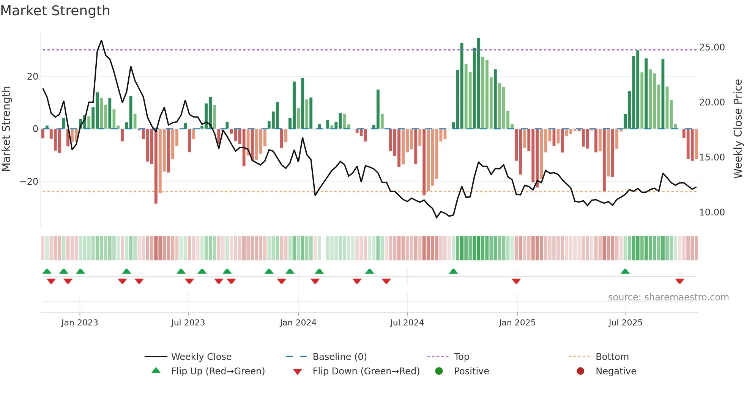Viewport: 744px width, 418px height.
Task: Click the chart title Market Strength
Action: [x=55, y=11]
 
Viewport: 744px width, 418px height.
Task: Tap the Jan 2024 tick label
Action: [x=298, y=323]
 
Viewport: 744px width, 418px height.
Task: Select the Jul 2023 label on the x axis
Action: [x=188, y=323]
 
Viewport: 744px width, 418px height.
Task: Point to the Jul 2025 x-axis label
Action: [x=625, y=323]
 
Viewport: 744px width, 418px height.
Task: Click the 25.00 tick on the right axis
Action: [x=712, y=47]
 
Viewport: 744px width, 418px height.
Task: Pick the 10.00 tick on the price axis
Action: [x=712, y=212]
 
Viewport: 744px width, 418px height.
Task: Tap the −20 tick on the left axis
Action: [x=29, y=182]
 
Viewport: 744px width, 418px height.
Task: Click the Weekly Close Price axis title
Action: [x=738, y=129]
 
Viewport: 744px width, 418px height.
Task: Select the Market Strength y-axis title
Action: [x=6, y=129]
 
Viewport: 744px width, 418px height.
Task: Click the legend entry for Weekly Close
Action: [x=201, y=357]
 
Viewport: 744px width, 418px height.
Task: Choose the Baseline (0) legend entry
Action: [x=339, y=357]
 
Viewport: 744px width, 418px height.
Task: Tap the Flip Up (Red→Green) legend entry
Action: [x=218, y=371]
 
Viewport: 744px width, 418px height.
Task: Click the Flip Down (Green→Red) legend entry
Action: [x=366, y=371]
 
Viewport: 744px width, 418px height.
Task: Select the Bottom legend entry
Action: [x=612, y=357]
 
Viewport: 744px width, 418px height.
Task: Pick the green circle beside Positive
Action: [x=439, y=371]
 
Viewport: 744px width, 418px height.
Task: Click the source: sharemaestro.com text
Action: [x=668, y=297]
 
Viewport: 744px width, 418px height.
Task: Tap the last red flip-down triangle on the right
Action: [x=679, y=281]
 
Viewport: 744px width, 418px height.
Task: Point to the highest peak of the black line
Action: [x=101, y=41]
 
